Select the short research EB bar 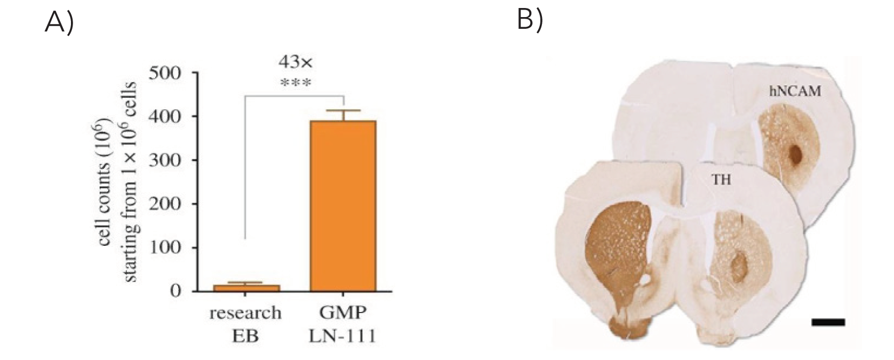click(246, 288)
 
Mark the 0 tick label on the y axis click(175, 291)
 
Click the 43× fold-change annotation click(295, 62)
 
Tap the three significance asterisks click(295, 83)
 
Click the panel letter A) click(59, 22)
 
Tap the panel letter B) click(530, 20)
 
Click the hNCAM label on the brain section click(795, 92)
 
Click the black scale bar click(828, 322)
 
